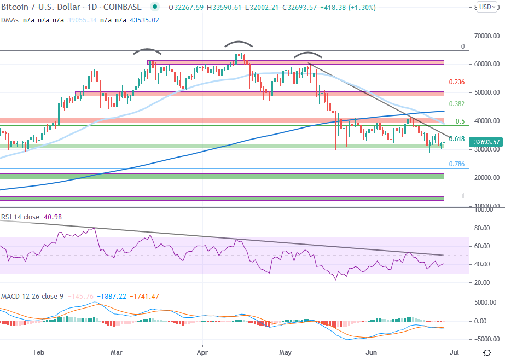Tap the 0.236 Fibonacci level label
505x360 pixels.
[x=456, y=82]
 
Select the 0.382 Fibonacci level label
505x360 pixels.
[x=456, y=104]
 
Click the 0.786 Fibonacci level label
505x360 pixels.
[x=456, y=164]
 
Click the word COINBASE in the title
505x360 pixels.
[x=123, y=7]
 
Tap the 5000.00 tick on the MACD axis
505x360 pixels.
[x=485, y=302]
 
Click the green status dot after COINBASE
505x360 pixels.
[x=155, y=7]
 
